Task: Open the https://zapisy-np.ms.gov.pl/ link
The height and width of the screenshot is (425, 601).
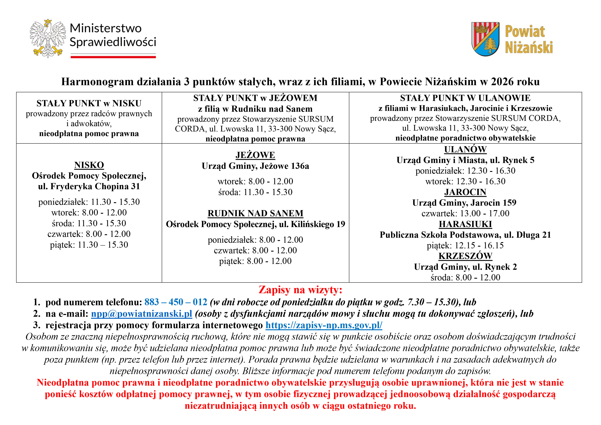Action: (324, 325)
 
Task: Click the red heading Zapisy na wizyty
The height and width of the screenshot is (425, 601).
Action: (300, 290)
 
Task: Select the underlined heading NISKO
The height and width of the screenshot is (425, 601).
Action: (89, 165)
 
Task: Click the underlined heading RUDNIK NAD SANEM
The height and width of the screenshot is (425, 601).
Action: (255, 213)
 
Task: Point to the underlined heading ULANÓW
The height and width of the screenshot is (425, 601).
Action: (465, 149)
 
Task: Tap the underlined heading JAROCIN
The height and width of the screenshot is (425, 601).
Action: (465, 192)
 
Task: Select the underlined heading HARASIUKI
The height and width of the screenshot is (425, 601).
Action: (465, 224)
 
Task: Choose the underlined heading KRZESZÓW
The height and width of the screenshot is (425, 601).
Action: (465, 256)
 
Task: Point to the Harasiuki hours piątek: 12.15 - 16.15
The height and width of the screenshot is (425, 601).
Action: (465, 245)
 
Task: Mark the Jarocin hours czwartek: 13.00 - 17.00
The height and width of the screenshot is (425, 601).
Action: (465, 214)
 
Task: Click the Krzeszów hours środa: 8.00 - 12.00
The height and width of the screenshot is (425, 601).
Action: (465, 277)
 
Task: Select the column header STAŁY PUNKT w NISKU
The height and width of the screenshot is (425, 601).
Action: (89, 103)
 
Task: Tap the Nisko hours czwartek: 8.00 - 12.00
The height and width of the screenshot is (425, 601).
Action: (89, 234)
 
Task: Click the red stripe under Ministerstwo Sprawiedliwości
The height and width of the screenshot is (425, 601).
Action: (113, 57)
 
